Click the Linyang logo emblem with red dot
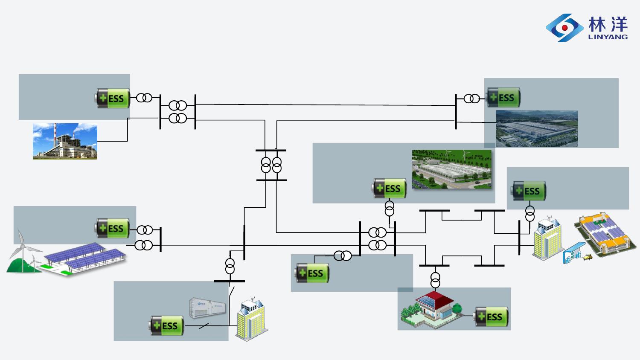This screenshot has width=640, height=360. [564, 28]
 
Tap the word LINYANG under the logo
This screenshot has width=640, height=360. [608, 37]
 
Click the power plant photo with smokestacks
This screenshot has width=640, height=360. [65, 141]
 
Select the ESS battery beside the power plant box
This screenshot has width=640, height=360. [113, 98]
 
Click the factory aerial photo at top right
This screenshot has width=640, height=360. [537, 128]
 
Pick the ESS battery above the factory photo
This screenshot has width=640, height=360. [503, 97]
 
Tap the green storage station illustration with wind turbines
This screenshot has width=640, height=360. [452, 169]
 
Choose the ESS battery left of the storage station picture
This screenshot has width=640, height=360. [389, 188]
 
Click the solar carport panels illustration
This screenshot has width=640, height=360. [84, 258]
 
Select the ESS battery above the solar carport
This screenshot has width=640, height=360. [112, 228]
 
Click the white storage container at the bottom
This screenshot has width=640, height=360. [208, 308]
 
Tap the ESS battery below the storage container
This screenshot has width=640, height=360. [166, 325]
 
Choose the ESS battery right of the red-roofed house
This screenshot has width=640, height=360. [491, 316]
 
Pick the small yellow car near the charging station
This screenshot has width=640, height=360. [588, 257]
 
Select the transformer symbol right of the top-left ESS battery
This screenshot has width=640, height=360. [144, 98]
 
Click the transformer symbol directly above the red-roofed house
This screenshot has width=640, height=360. [435, 280]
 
